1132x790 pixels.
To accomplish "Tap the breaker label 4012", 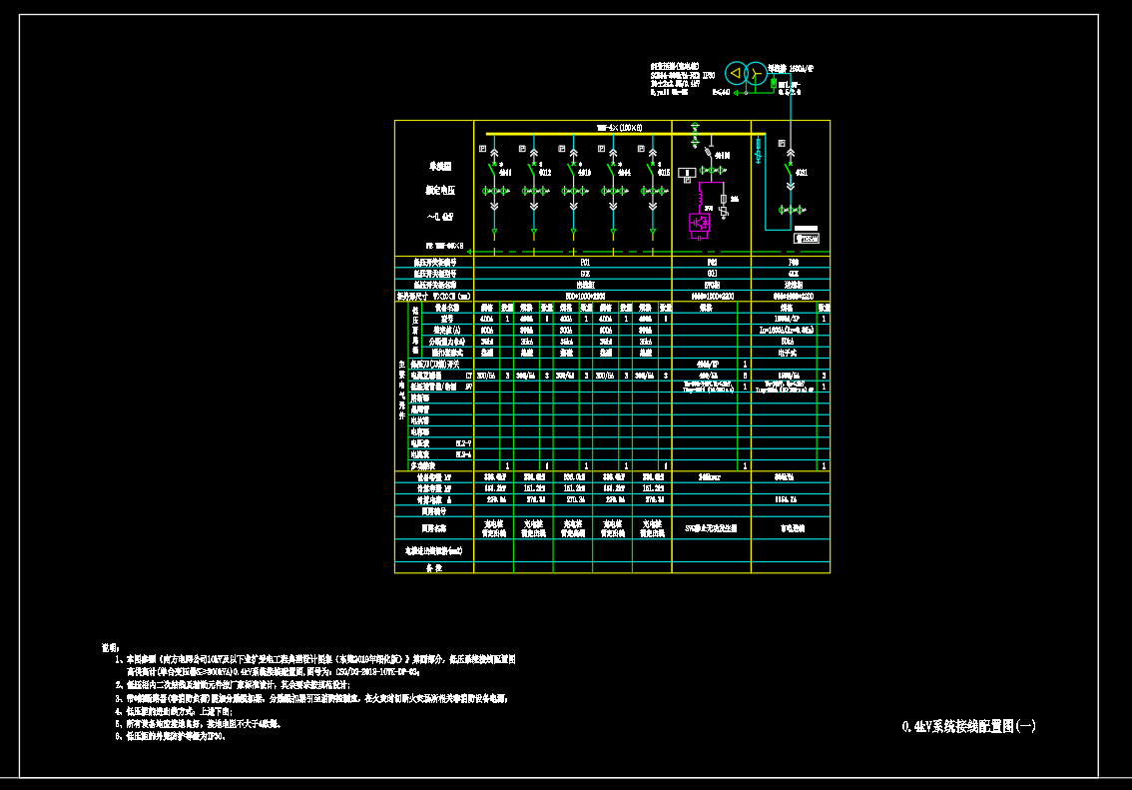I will tap(544, 173).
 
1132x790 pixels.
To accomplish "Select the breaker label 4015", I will tap(664, 173).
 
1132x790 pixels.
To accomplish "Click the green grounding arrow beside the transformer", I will tap(738, 96).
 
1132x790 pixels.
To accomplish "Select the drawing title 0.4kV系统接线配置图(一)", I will tap(968, 727).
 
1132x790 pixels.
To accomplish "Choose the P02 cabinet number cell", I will tap(711, 263).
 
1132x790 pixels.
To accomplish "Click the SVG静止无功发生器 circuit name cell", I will tap(711, 527).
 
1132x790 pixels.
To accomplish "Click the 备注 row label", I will tap(433, 567).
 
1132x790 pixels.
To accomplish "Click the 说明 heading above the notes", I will tap(110, 647).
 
